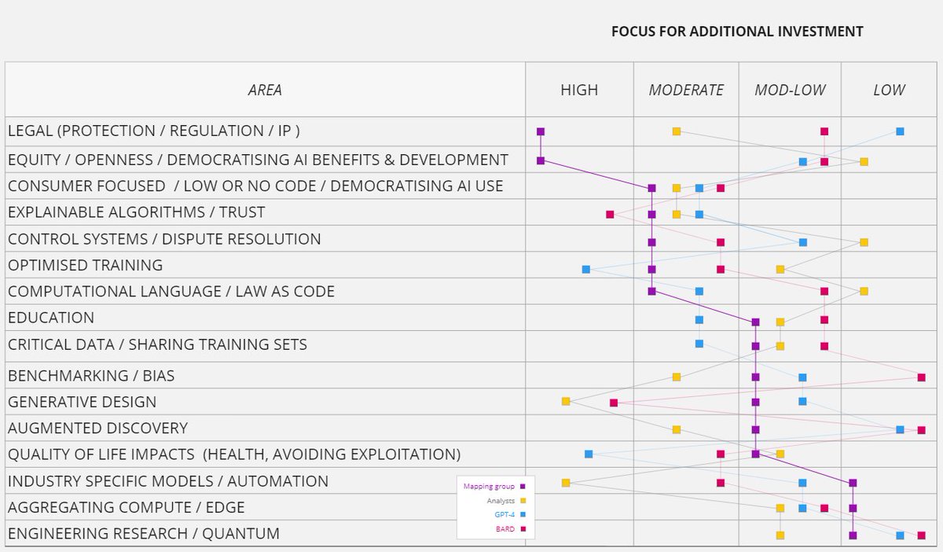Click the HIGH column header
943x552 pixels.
(579, 90)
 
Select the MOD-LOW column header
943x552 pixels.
(789, 90)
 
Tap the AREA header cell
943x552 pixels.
(265, 90)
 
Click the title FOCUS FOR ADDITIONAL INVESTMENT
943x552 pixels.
(737, 31)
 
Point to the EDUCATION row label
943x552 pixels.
(51, 318)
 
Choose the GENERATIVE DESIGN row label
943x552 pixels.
(82, 402)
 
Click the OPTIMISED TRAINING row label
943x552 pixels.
(85, 265)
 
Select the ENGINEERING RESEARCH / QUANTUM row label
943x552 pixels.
(143, 533)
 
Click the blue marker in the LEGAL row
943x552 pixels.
(900, 131)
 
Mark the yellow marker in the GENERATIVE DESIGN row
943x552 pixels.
(566, 402)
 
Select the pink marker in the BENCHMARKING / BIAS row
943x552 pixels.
(921, 377)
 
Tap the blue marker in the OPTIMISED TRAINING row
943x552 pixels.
(585, 270)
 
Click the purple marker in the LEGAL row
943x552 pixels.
(541, 131)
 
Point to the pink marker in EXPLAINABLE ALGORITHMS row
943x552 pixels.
(610, 214)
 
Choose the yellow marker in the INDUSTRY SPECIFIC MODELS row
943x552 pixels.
(566, 483)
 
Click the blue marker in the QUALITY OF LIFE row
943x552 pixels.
(589, 454)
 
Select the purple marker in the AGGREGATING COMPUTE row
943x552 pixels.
(853, 508)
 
